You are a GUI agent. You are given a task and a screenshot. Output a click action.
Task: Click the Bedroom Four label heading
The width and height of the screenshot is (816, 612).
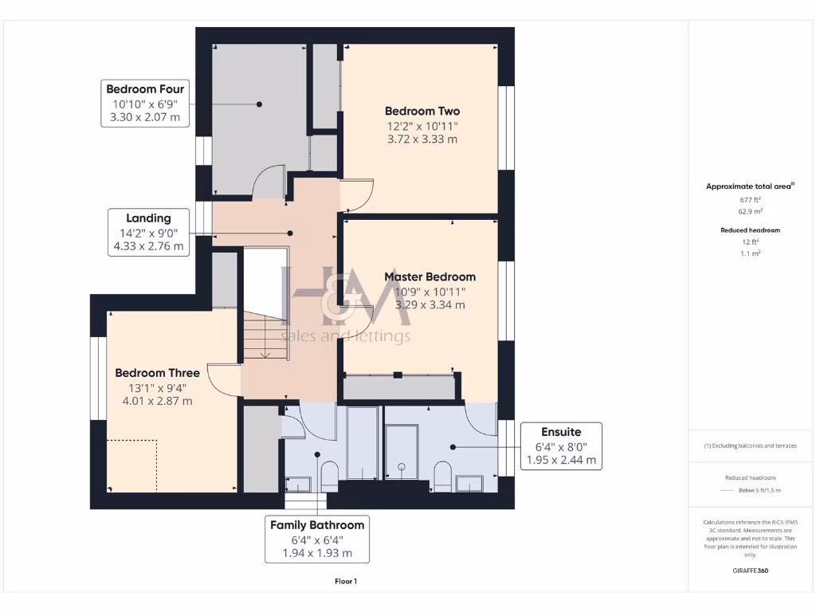(x=145, y=89)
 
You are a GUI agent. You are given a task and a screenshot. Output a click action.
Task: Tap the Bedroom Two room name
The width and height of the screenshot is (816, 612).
(x=422, y=111)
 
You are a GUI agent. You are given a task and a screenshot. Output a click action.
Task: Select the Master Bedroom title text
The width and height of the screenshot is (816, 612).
(x=430, y=277)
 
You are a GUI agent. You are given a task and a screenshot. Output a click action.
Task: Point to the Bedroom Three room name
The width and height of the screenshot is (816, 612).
(x=157, y=372)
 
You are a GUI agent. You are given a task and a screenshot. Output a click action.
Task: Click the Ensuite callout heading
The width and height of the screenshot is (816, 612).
(x=561, y=432)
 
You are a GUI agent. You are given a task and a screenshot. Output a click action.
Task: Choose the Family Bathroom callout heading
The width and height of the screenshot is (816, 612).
(x=317, y=524)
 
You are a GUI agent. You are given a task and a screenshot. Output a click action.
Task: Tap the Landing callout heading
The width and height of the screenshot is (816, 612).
(x=148, y=218)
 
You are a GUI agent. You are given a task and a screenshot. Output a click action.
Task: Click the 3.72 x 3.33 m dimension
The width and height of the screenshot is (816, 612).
(x=422, y=139)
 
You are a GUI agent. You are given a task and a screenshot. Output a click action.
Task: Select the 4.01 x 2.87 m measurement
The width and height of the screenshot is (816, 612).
(x=157, y=401)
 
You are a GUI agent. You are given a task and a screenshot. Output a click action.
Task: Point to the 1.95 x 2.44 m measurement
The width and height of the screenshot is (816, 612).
(x=561, y=460)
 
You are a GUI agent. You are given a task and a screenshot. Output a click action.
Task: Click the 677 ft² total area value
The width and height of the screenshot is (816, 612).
(x=748, y=201)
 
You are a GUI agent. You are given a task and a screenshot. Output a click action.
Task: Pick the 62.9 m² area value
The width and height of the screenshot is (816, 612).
(x=748, y=211)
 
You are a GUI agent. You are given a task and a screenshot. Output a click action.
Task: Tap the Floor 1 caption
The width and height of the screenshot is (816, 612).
(x=346, y=582)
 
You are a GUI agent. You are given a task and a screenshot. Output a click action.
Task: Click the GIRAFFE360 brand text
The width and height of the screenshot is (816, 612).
(x=748, y=571)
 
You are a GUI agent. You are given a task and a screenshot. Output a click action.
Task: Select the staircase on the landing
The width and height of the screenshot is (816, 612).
(x=265, y=335)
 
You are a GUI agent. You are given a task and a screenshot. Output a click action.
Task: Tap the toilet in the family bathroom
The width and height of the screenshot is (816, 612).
(x=328, y=476)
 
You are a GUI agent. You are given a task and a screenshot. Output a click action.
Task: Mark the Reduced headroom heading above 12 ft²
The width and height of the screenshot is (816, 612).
(x=748, y=230)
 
